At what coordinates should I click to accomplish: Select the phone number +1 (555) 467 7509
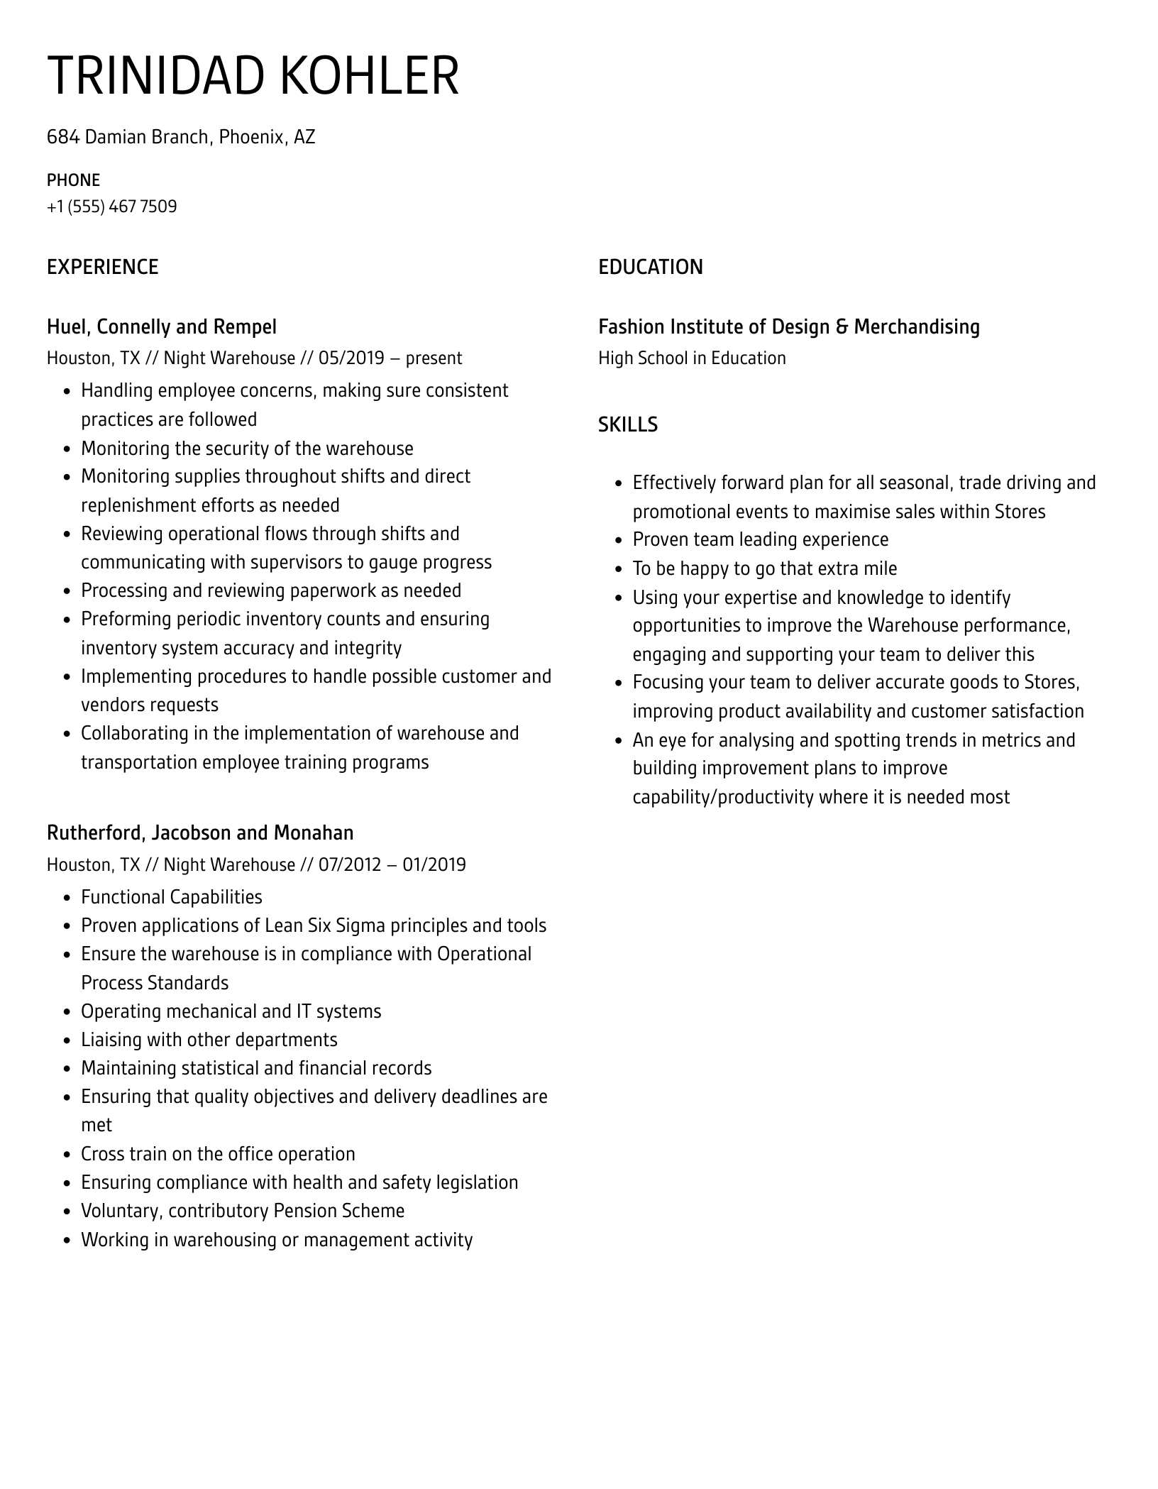pyautogui.click(x=111, y=207)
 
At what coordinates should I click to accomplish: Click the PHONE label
pyautogui.click(x=73, y=180)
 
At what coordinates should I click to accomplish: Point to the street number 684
pyautogui.click(x=62, y=137)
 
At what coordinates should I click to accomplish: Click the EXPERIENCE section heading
pyautogui.click(x=102, y=267)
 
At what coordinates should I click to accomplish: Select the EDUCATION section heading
pyautogui.click(x=650, y=267)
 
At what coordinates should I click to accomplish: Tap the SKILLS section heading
pyautogui.click(x=627, y=424)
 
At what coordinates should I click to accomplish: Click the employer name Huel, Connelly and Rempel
pyautogui.click(x=161, y=326)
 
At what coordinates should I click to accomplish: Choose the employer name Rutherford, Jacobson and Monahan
pyautogui.click(x=199, y=833)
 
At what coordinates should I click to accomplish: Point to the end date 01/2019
pyautogui.click(x=434, y=864)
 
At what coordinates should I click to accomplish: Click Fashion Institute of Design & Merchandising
pyautogui.click(x=788, y=326)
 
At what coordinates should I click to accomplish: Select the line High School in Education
pyautogui.click(x=692, y=358)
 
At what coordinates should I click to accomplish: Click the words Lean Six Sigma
pyautogui.click(x=326, y=925)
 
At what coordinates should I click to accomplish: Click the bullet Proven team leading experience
pyautogui.click(x=760, y=539)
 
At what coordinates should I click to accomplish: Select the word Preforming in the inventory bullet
pyautogui.click(x=125, y=619)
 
